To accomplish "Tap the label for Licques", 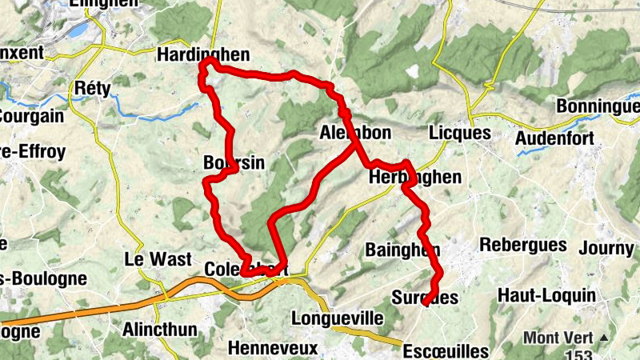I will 458,132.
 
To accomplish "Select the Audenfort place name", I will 554,138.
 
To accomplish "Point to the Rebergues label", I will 523,245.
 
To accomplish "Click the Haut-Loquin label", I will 546,295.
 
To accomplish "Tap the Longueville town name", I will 338,318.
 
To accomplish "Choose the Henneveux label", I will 273,349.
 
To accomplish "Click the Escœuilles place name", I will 446,351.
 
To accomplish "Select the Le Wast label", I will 158,259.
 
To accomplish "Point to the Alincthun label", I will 158,328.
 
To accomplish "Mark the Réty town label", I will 89,86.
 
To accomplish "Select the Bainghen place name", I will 402,250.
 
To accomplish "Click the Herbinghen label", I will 415,178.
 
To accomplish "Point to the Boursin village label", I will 234,162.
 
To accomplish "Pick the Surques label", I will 425,298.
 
